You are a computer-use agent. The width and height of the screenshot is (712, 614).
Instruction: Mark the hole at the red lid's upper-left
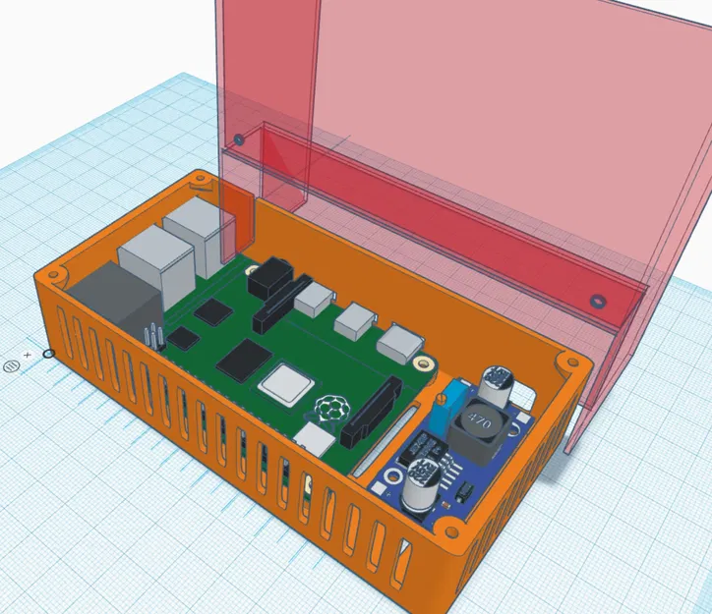pyautogui.click(x=237, y=140)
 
